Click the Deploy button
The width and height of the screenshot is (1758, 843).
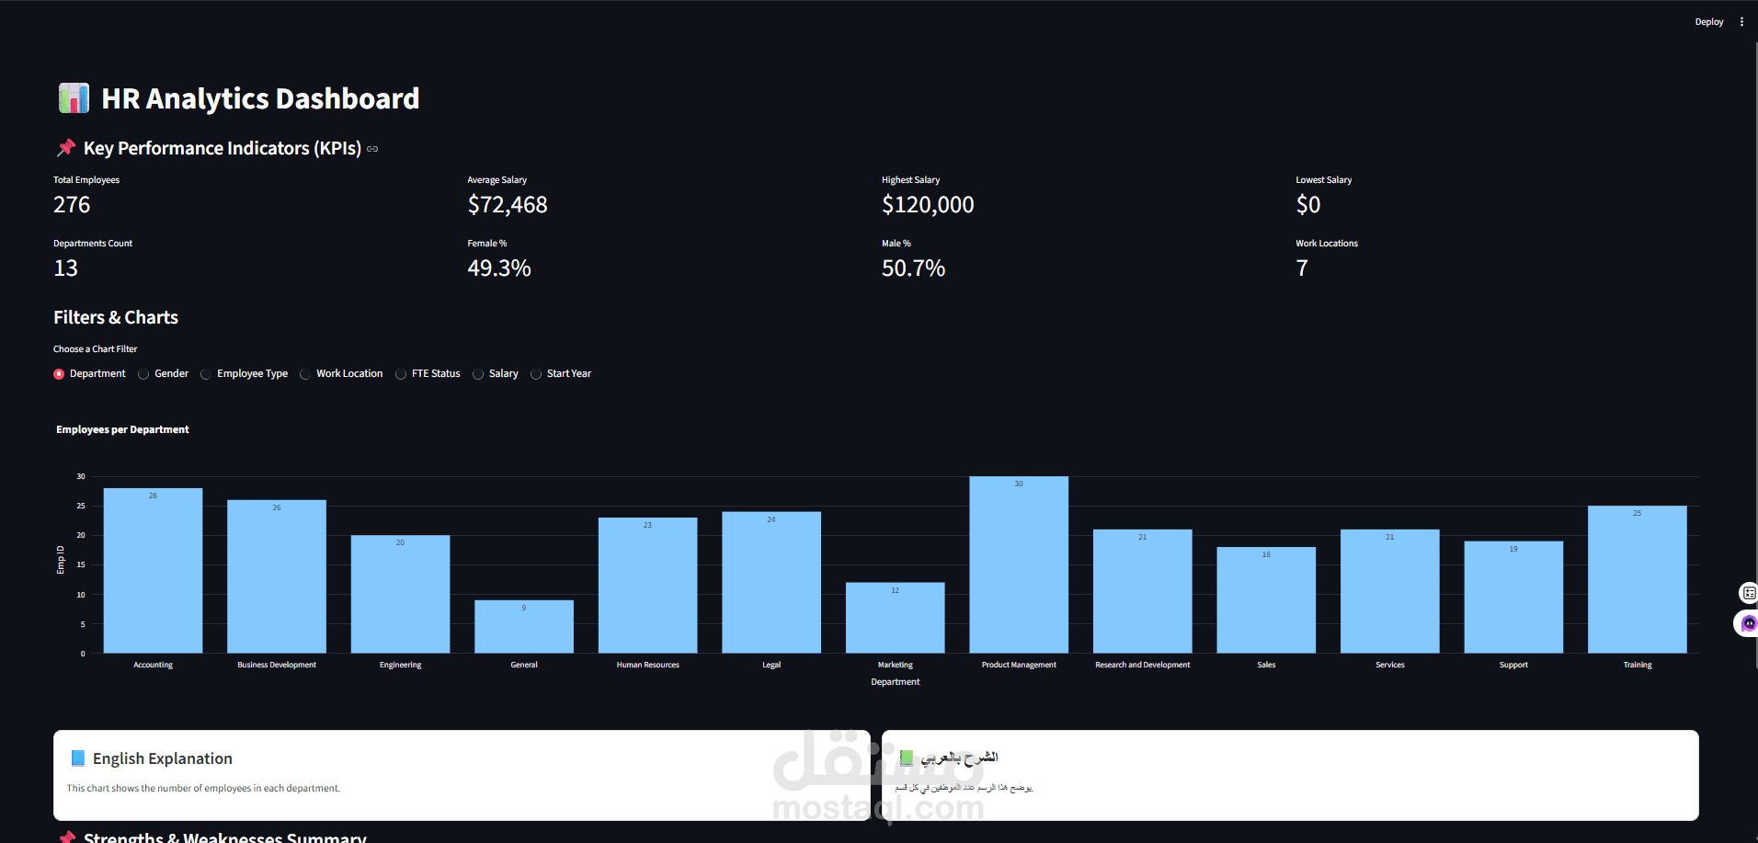[x=1708, y=22]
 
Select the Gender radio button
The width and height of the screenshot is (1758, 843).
[x=143, y=374]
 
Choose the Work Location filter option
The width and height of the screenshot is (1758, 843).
[x=305, y=374]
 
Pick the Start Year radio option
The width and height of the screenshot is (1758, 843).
[x=536, y=374]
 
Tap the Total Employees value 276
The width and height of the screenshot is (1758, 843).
[x=72, y=205]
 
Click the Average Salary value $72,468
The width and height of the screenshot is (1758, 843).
[x=507, y=205]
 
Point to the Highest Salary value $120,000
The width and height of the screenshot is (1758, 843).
[x=927, y=205]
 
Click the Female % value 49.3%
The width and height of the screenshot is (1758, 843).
[x=498, y=268]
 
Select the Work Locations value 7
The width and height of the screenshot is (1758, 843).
[x=1301, y=268]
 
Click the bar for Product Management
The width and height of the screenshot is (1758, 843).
[x=1018, y=565]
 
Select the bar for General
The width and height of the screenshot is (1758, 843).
[x=524, y=627]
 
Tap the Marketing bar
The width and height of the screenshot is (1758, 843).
[x=895, y=618]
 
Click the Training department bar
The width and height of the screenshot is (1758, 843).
[x=1637, y=579]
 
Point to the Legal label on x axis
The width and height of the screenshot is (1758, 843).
[x=771, y=665]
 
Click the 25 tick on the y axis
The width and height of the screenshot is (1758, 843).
[x=81, y=506]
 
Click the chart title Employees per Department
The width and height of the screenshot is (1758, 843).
[x=122, y=429]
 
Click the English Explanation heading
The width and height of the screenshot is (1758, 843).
[x=162, y=758]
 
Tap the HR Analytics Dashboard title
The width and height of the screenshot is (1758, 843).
[x=259, y=98]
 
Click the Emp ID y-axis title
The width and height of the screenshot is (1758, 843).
[x=61, y=560]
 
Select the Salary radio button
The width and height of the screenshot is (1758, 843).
[x=478, y=374]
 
